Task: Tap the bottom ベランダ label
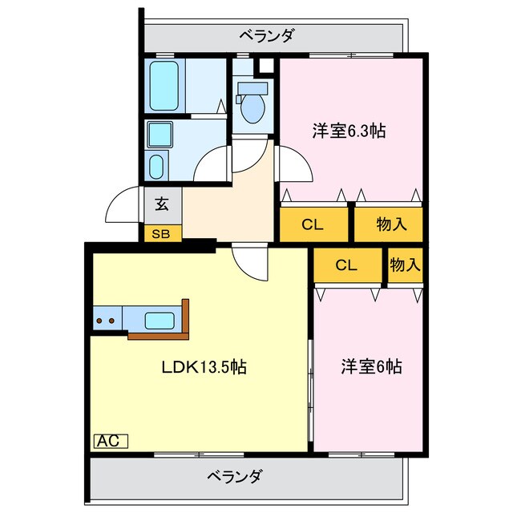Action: pyautogui.click(x=234, y=476)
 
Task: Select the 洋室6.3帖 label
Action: pyautogui.click(x=349, y=131)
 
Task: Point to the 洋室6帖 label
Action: pyautogui.click(x=370, y=367)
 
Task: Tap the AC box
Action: pyautogui.click(x=111, y=440)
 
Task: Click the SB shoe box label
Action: pyautogui.click(x=162, y=234)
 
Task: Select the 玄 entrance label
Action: pyautogui.click(x=162, y=204)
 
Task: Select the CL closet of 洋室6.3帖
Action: pyautogui.click(x=313, y=224)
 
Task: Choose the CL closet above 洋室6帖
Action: pyautogui.click(x=346, y=266)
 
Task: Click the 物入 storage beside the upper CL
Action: pyautogui.click(x=390, y=224)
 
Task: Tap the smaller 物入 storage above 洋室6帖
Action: pyautogui.click(x=405, y=265)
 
